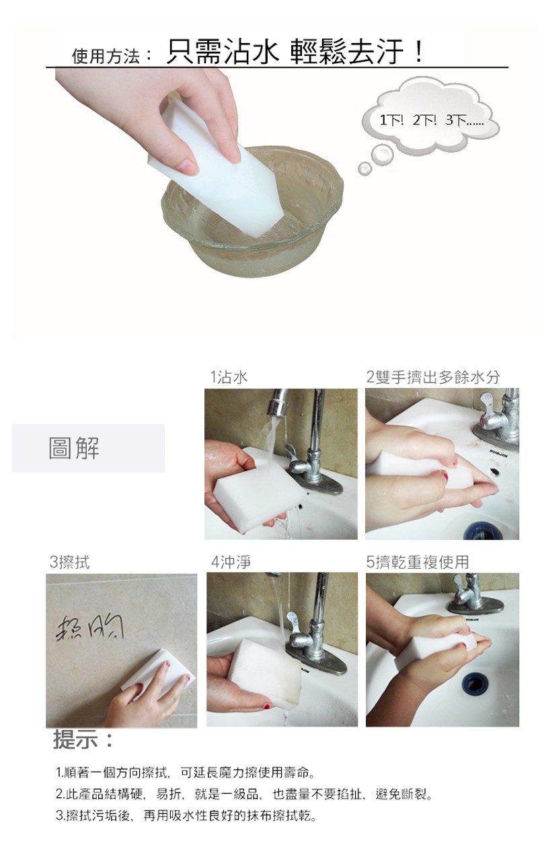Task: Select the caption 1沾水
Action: (x=229, y=377)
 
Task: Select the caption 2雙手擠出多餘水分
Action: (x=433, y=377)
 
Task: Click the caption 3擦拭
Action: (x=69, y=562)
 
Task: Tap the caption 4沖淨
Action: (x=231, y=562)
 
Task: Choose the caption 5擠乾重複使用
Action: (x=418, y=562)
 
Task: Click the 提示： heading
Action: (x=84, y=741)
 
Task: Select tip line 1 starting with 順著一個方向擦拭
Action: (x=186, y=771)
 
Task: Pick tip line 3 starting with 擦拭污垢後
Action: (x=186, y=816)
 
